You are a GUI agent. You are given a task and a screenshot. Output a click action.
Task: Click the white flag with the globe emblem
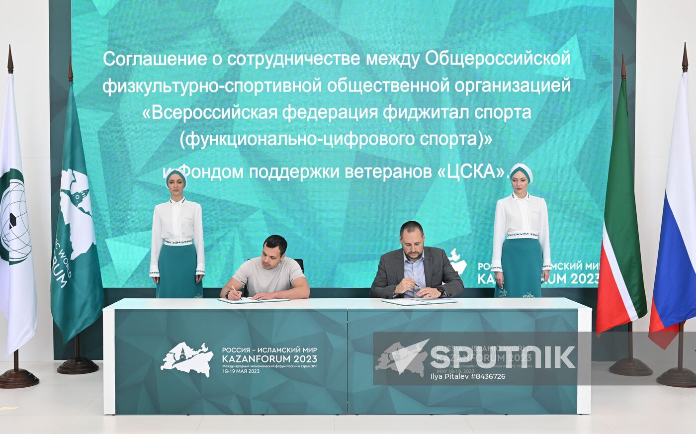(15, 219)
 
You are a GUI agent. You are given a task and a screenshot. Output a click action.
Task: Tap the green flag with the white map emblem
(75, 219)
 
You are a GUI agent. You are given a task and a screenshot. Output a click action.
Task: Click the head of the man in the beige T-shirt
(275, 250)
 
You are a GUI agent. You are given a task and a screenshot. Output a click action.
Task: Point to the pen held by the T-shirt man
(235, 291)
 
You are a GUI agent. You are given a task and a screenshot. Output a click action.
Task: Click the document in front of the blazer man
(419, 301)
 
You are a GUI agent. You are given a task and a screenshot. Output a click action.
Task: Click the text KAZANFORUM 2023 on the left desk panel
(269, 359)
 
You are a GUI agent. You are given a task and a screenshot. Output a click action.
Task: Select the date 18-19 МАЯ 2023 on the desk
(241, 371)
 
